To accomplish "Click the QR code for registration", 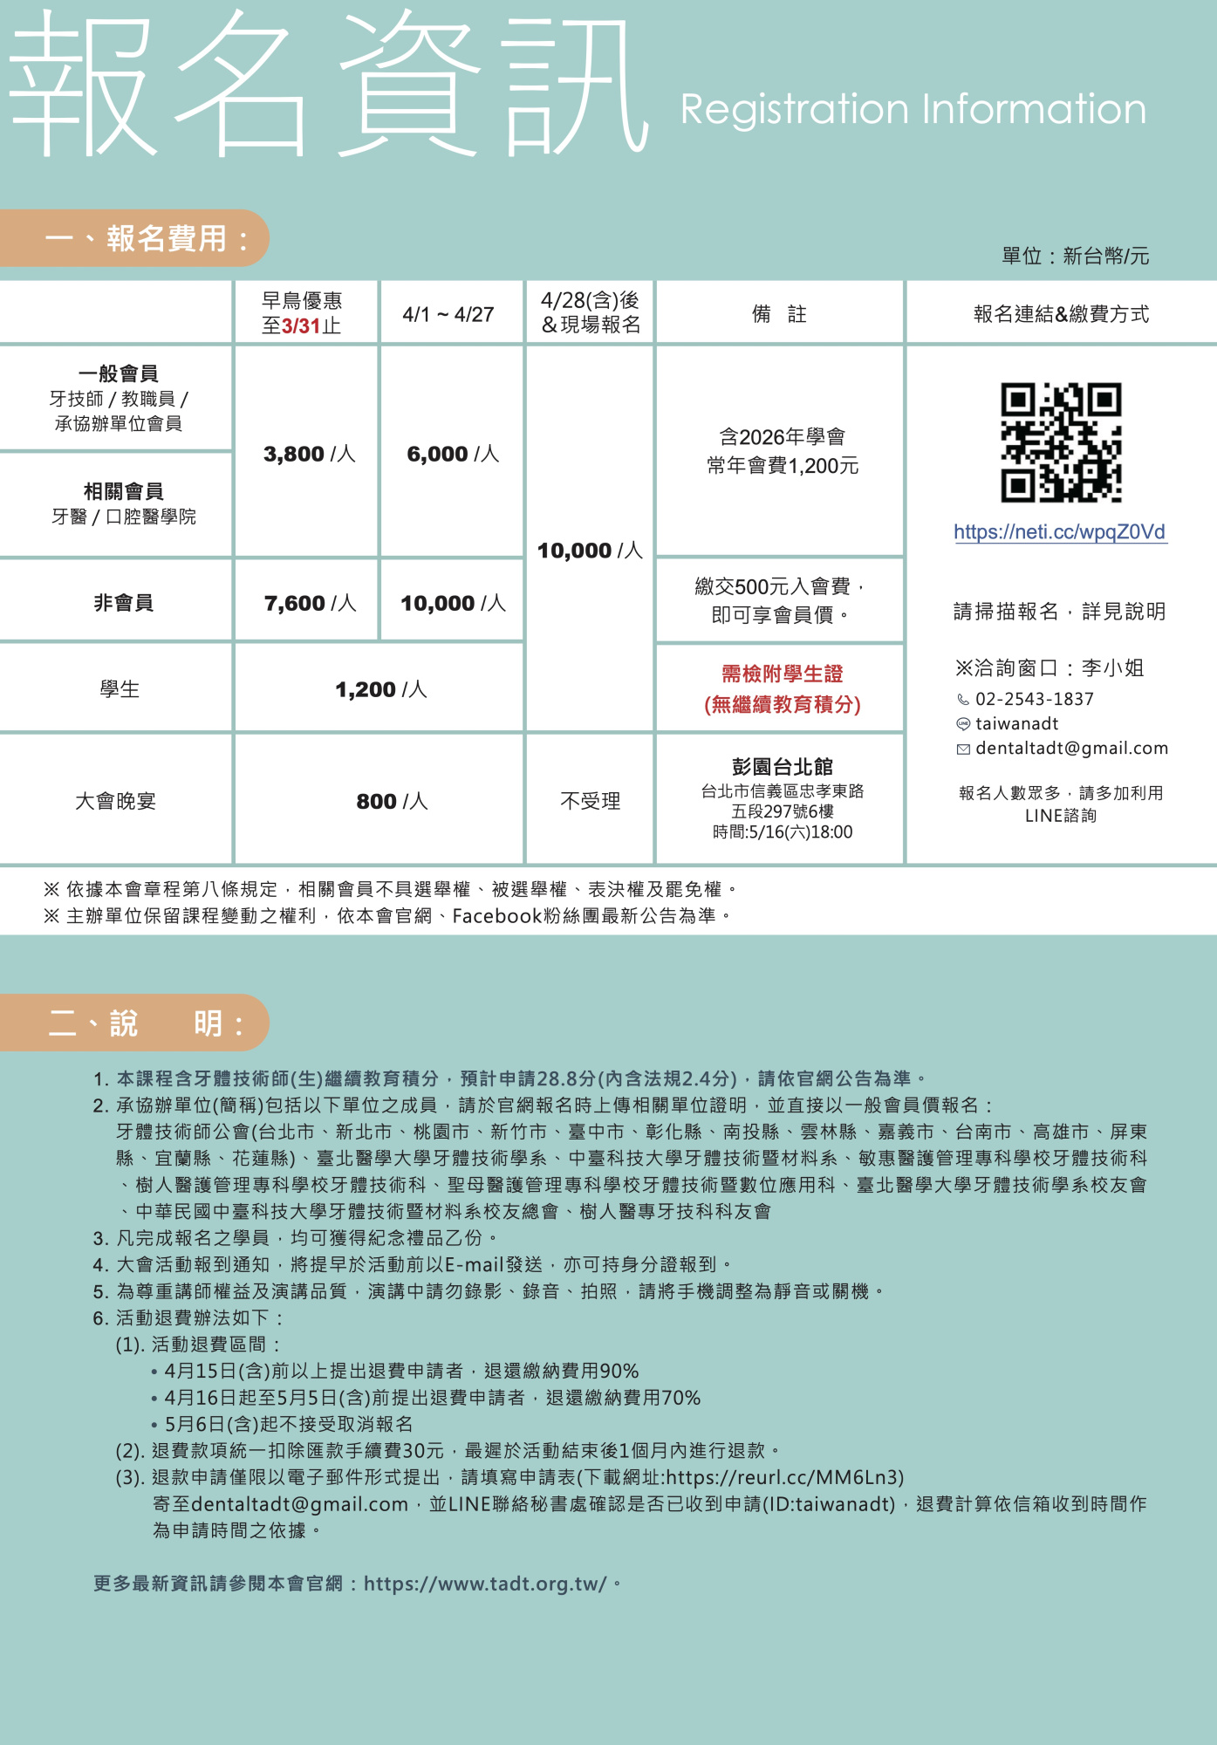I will pyautogui.click(x=1060, y=442).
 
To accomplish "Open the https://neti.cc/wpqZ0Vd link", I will pyautogui.click(x=1059, y=532).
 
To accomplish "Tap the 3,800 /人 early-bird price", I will pyautogui.click(x=309, y=454).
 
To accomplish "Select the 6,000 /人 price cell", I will pyautogui.click(x=452, y=454).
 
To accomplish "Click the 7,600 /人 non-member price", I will pyautogui.click(x=310, y=603).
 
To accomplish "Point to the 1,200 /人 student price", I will pyautogui.click(x=380, y=689).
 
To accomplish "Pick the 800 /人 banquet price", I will pyautogui.click(x=392, y=801).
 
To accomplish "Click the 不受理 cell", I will pyautogui.click(x=590, y=801).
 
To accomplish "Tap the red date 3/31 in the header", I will pyautogui.click(x=301, y=326).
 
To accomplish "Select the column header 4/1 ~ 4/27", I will pyautogui.click(x=448, y=314).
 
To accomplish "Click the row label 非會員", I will pyautogui.click(x=123, y=603).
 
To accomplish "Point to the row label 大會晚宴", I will pyautogui.click(x=116, y=801).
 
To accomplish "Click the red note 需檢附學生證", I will pyautogui.click(x=782, y=674).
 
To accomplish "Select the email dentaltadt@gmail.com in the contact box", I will pyautogui.click(x=1071, y=748).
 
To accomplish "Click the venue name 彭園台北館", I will pyautogui.click(x=782, y=767).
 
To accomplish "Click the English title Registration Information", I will pyautogui.click(x=913, y=110).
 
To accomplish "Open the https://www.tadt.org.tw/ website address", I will pyautogui.click(x=485, y=1584).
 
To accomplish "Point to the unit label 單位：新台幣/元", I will pyautogui.click(x=1075, y=256).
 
